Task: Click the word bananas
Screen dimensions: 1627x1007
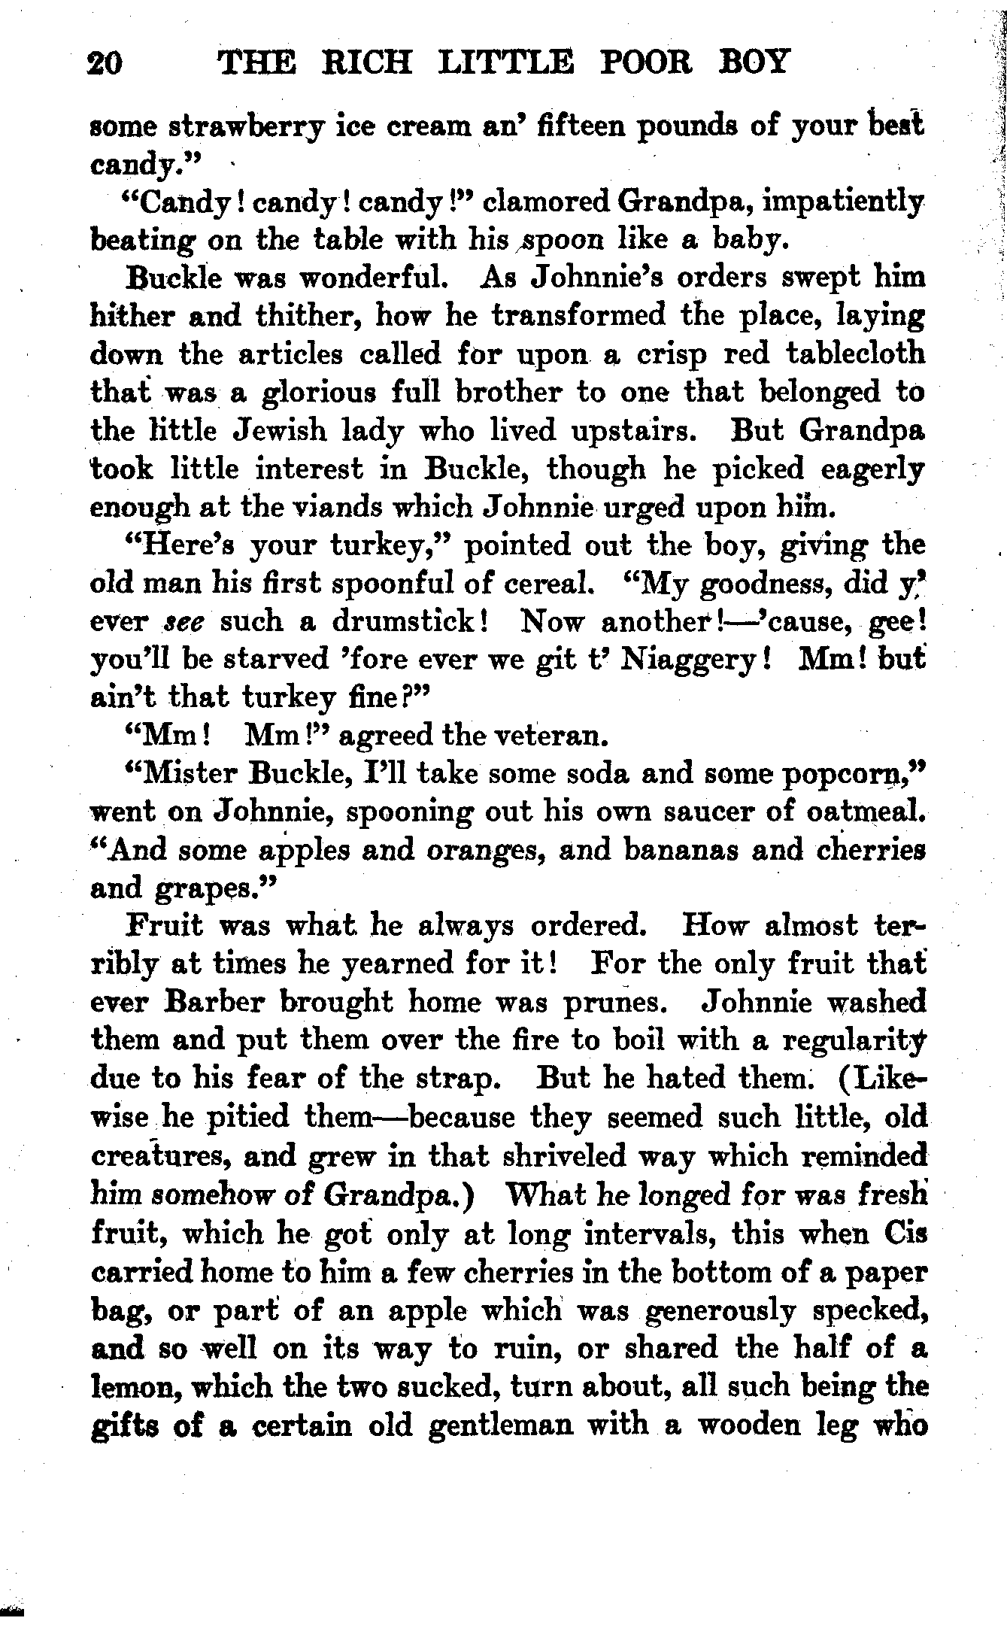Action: click(681, 850)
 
